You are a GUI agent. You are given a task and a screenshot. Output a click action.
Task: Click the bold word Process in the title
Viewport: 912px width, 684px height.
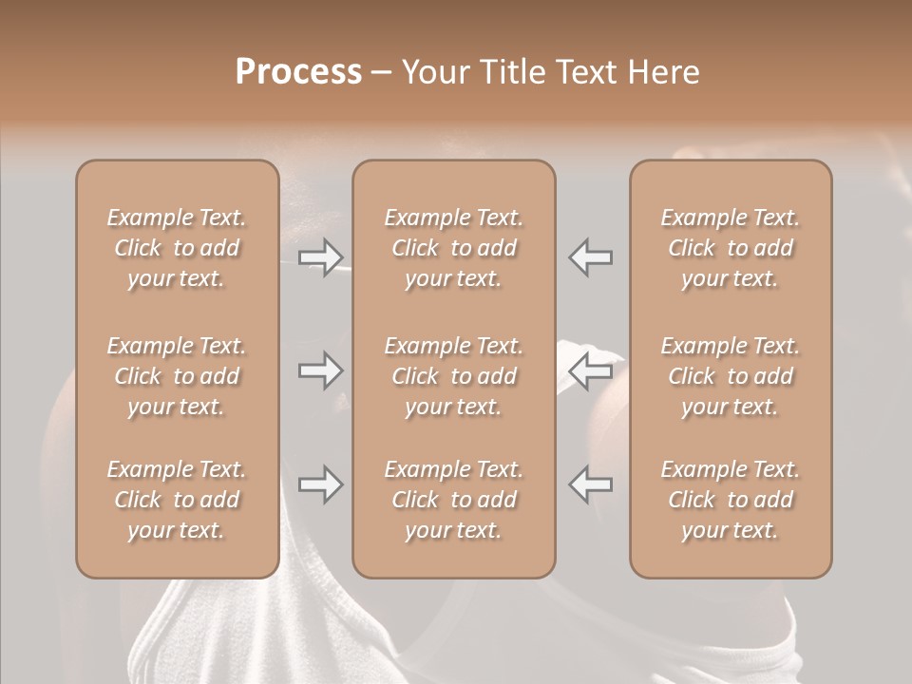click(x=298, y=71)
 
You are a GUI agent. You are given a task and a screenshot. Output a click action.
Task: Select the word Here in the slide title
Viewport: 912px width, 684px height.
click(x=664, y=71)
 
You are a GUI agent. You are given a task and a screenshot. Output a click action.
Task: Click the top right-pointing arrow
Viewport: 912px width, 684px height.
click(x=320, y=256)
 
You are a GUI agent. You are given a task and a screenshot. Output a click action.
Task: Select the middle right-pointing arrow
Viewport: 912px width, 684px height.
click(x=320, y=370)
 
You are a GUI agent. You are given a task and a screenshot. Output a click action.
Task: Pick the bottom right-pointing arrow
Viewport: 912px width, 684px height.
click(x=320, y=484)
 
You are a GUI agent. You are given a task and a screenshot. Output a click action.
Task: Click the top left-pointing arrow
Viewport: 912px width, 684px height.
click(x=591, y=256)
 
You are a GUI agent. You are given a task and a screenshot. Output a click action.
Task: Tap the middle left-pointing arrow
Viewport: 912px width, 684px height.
click(x=591, y=370)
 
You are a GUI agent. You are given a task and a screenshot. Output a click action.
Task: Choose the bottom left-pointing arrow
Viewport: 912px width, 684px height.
click(x=591, y=484)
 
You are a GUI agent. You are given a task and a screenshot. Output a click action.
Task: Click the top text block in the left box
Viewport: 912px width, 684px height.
click(x=177, y=248)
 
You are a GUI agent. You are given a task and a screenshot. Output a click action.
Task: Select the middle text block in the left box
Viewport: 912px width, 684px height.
click(x=177, y=376)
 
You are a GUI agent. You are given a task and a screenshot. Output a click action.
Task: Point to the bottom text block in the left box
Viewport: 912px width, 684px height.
click(x=177, y=500)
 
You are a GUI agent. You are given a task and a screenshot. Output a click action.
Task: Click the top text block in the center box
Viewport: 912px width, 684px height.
click(x=453, y=248)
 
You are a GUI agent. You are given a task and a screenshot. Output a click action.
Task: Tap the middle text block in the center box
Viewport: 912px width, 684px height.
click(x=453, y=376)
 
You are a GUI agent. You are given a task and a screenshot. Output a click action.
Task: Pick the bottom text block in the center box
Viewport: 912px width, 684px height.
click(x=453, y=500)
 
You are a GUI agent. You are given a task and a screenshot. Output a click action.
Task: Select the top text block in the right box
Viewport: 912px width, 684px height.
click(x=731, y=248)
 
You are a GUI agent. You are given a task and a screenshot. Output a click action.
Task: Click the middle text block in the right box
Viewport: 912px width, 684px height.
click(x=731, y=376)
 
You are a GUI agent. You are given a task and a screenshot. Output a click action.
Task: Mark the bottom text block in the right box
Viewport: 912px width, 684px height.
click(x=731, y=500)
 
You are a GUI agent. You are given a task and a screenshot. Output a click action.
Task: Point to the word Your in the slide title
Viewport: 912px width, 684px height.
click(x=433, y=71)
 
